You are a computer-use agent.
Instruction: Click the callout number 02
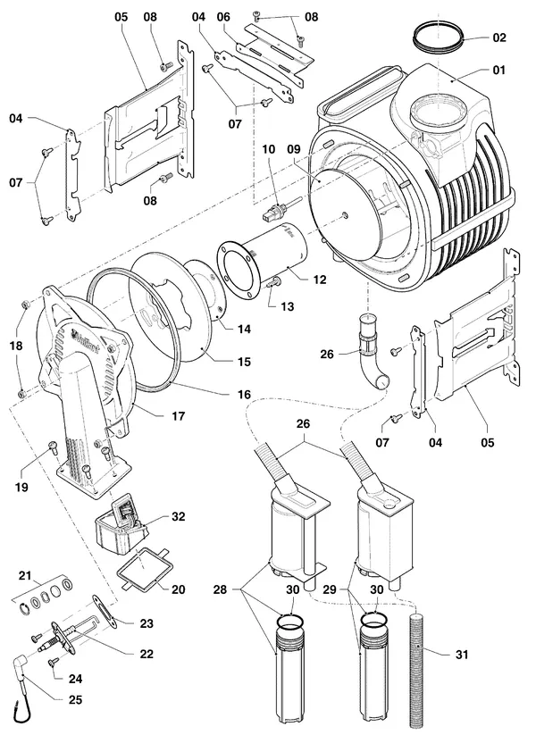(x=499, y=38)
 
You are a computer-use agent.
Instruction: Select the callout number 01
(x=499, y=71)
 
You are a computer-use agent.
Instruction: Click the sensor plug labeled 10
(x=281, y=210)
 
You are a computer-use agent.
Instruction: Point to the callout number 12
(x=319, y=280)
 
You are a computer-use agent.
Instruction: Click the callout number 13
(x=287, y=306)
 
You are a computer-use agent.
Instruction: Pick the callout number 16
(x=244, y=394)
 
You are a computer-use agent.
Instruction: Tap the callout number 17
(x=178, y=416)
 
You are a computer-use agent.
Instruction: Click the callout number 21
(x=24, y=575)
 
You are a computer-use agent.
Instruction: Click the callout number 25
(x=75, y=700)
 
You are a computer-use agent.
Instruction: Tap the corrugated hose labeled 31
(x=417, y=672)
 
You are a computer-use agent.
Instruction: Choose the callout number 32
(x=178, y=516)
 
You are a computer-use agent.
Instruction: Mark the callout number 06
(x=223, y=17)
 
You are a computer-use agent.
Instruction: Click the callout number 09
(x=294, y=149)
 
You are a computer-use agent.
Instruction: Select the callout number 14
(x=244, y=329)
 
